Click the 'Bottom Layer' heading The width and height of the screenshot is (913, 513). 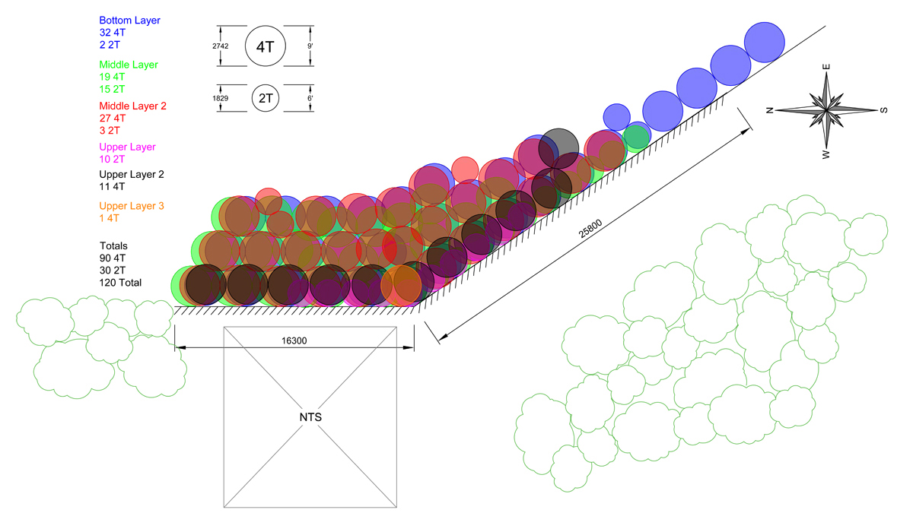point(129,21)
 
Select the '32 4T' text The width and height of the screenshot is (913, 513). point(113,33)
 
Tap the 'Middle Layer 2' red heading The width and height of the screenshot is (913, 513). point(133,106)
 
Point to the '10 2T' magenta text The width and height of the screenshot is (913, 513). point(112,159)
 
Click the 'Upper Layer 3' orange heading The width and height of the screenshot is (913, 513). point(132,206)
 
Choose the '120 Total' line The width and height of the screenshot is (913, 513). point(120,283)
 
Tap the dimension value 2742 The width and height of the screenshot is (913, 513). point(220,46)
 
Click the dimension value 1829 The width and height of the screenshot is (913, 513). point(220,98)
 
